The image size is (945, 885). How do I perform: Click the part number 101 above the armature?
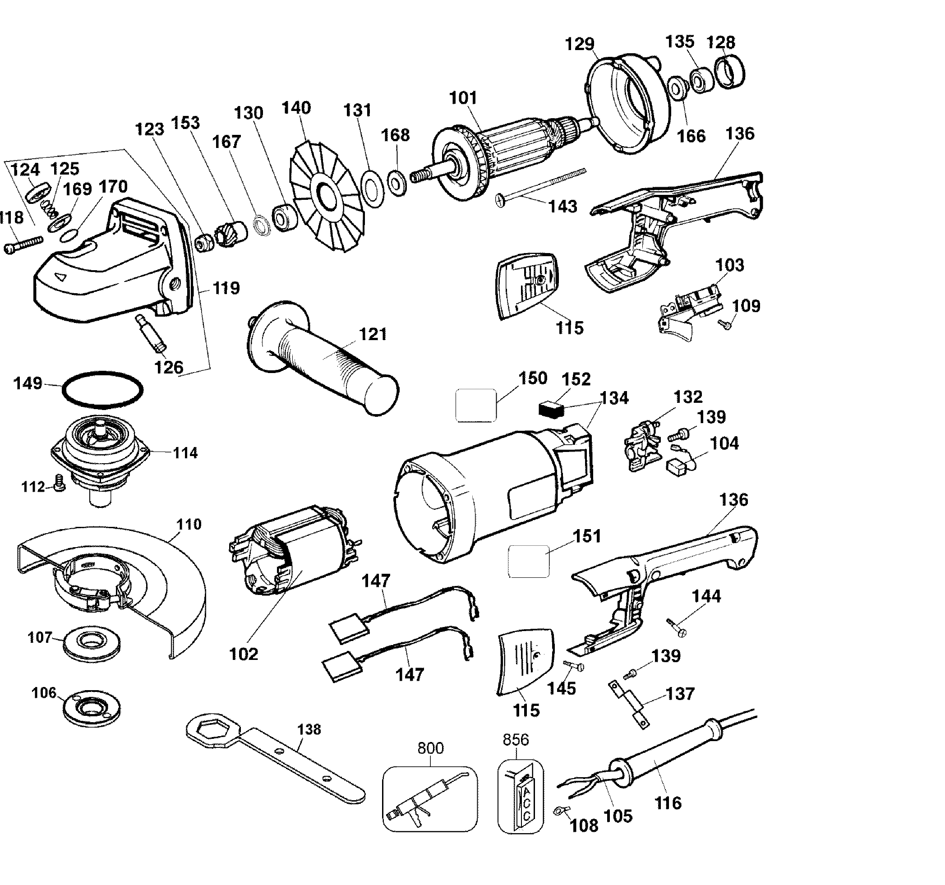(463, 98)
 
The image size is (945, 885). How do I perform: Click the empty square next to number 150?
(476, 405)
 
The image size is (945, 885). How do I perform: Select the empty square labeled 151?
(529, 561)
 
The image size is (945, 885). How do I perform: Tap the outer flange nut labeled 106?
(92, 708)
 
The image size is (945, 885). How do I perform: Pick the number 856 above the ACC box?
(516, 740)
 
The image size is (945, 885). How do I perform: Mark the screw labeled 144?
(677, 627)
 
